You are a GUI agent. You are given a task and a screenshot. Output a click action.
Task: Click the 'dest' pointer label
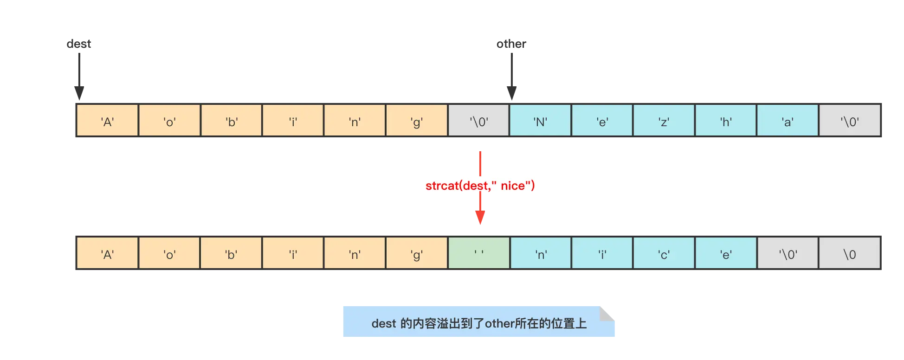pos(79,44)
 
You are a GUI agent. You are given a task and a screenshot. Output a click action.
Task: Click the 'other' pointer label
pos(511,44)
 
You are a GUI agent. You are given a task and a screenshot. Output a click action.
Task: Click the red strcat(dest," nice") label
pos(480,185)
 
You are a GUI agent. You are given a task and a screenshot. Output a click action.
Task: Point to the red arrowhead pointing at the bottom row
pos(480,217)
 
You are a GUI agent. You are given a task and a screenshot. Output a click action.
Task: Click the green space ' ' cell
pos(479,253)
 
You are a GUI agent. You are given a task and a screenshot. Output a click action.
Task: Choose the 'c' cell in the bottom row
pos(664,253)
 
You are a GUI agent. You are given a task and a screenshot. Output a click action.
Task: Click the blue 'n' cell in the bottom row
pos(541,253)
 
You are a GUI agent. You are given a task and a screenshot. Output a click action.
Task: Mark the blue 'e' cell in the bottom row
pos(726,253)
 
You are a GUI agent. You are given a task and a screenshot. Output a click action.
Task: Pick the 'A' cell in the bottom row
pos(107,253)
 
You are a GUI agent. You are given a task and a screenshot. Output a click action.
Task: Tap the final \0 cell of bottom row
pos(850,253)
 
